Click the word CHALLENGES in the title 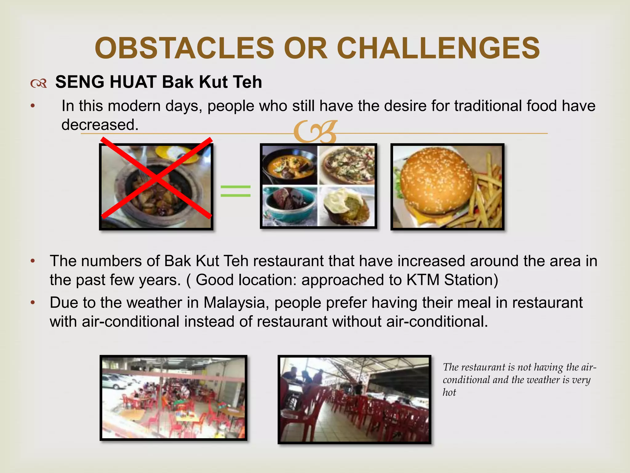tap(438, 48)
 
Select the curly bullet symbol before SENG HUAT tap(39, 83)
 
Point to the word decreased tap(100, 125)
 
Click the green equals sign tap(236, 191)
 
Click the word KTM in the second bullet tap(423, 280)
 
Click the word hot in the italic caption tap(449, 392)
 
